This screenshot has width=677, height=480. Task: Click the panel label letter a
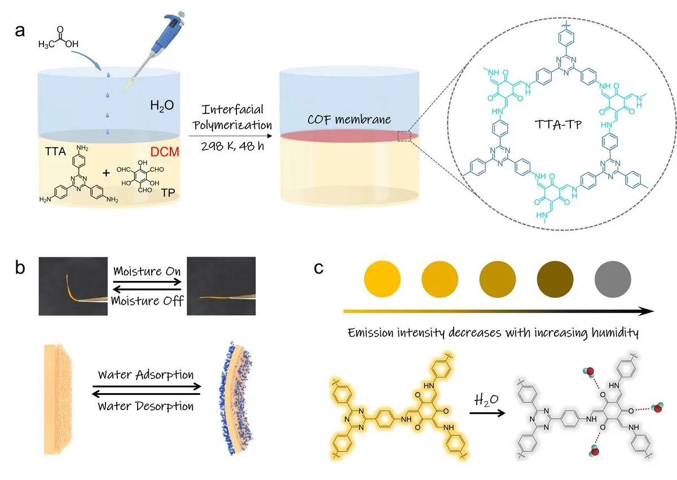point(20,30)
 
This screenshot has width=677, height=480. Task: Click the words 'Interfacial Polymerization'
point(234,116)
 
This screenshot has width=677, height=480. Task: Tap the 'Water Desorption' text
point(146,406)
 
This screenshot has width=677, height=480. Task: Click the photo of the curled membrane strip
point(73,285)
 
